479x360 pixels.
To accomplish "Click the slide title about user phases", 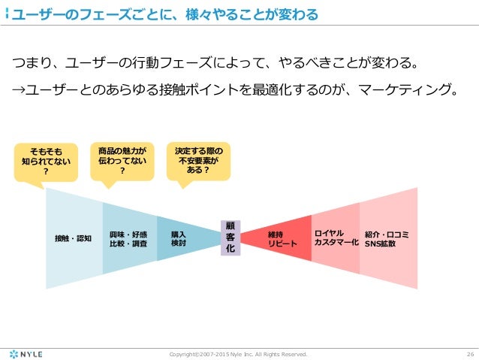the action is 161,14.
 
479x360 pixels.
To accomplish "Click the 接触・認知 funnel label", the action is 73,238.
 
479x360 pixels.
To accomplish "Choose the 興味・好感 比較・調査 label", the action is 128,238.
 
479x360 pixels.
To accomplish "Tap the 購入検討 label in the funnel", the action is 179,238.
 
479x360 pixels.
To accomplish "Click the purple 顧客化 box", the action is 230,237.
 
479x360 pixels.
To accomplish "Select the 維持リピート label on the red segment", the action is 282,238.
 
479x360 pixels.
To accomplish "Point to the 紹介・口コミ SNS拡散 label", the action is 386,238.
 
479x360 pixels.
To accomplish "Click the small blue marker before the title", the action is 7,14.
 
